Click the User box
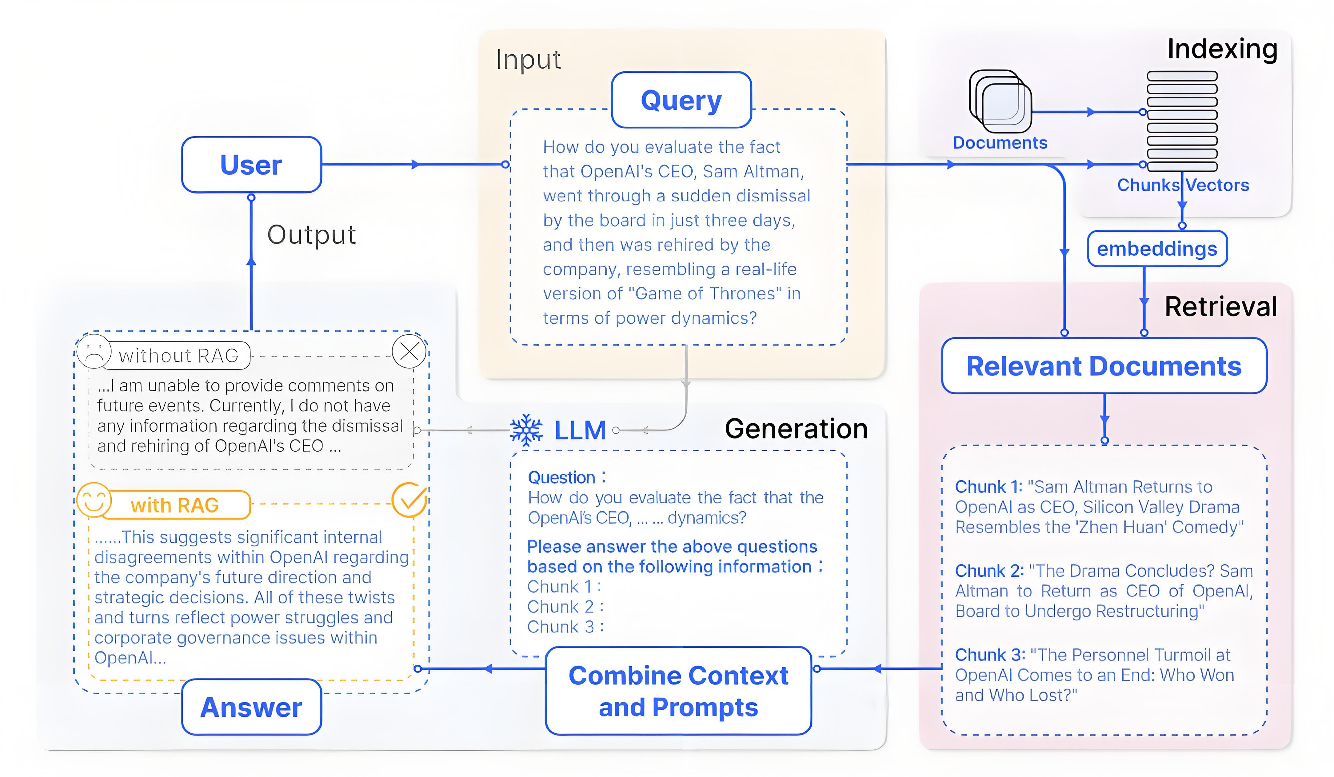[x=251, y=165]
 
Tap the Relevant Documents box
[x=1104, y=366]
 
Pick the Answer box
[x=251, y=707]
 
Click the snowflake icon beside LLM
[x=526, y=430]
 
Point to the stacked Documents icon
[x=1000, y=102]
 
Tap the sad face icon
[x=94, y=352]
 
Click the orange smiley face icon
[x=94, y=500]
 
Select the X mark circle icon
[x=409, y=351]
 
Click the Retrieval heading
[x=1221, y=307]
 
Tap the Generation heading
[x=796, y=429]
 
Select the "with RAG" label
[x=175, y=505]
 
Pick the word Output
[x=311, y=235]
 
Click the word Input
[x=528, y=59]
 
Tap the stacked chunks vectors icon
[x=1182, y=121]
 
